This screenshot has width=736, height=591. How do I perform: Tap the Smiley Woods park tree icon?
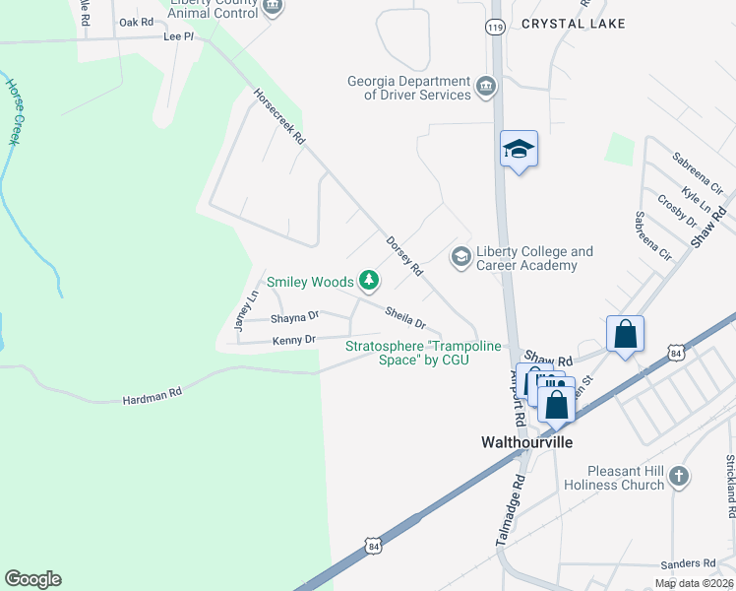(369, 282)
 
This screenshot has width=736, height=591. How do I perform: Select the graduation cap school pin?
(519, 151)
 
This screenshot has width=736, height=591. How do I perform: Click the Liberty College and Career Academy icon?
(460, 256)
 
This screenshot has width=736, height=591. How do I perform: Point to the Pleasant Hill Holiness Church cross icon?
(678, 478)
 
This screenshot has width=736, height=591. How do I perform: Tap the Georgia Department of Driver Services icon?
(485, 87)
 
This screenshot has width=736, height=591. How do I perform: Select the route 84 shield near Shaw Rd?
(674, 352)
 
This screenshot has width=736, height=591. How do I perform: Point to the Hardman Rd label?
(153, 396)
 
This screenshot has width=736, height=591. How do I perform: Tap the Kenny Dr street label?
(293, 340)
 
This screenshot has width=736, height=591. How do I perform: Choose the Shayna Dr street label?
(295, 317)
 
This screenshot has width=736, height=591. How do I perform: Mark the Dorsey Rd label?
(404, 254)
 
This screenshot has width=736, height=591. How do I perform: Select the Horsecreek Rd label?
(280, 118)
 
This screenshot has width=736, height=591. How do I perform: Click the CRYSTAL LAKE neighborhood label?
(573, 23)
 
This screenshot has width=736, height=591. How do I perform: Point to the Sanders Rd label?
(688, 563)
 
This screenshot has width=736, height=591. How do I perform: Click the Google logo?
(32, 579)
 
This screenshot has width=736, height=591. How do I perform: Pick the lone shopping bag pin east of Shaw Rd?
(626, 335)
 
